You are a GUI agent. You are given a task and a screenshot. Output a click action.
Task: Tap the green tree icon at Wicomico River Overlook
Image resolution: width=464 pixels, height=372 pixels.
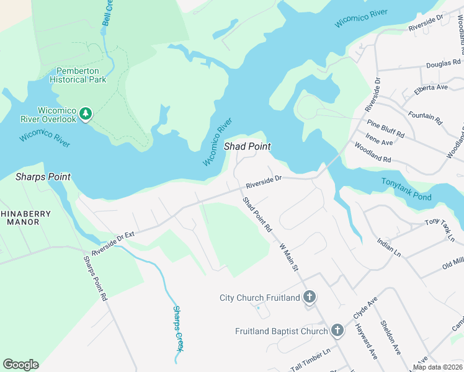[86, 113]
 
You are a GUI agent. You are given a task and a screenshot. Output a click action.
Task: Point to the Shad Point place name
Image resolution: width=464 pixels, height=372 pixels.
[248, 146]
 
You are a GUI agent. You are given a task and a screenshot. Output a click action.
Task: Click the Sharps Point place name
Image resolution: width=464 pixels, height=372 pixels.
[43, 177]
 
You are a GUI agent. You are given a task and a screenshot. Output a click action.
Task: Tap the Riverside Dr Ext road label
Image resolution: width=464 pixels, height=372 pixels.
[114, 242]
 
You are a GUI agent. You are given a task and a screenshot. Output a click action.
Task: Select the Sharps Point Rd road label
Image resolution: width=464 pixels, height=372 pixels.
[96, 278]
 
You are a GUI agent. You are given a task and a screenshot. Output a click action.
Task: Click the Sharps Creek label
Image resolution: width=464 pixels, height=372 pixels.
[179, 328]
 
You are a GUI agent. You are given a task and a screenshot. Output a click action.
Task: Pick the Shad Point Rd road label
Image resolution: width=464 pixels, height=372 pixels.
[257, 215]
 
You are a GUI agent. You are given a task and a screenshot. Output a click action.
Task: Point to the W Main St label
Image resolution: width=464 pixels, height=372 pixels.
[288, 256]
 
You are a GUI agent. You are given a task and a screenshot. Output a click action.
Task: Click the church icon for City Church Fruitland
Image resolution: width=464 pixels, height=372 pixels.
[310, 298]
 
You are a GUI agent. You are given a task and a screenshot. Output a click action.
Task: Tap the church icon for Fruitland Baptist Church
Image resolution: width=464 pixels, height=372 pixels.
[337, 330]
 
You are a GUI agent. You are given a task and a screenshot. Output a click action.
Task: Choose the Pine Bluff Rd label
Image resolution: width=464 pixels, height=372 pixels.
[385, 129]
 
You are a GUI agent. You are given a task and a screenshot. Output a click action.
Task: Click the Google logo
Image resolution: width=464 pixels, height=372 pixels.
[20, 364]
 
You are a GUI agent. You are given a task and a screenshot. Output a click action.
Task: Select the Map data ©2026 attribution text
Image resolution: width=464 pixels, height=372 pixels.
[438, 367]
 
